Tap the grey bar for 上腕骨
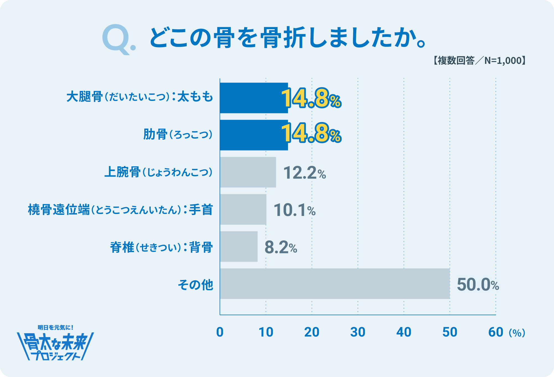click(248, 172)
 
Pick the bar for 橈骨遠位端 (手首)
click(243, 209)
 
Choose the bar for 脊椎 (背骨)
click(239, 246)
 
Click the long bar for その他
click(335, 284)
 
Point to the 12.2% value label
click(304, 173)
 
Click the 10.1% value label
click(294, 210)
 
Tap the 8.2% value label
click(280, 247)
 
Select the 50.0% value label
click(478, 284)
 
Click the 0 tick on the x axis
click(220, 332)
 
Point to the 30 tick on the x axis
click(358, 332)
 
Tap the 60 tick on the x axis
click(496, 332)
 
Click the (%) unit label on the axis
click(517, 333)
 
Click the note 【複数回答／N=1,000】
click(479, 60)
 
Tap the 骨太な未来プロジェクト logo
click(55, 344)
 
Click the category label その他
click(196, 285)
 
